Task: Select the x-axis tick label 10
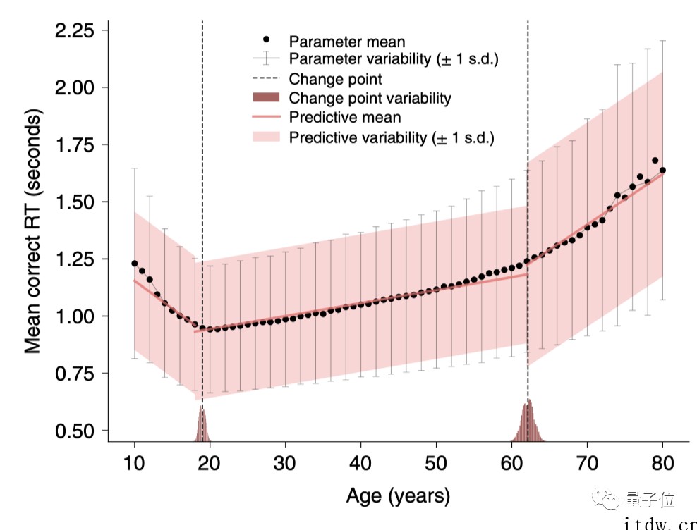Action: click(135, 462)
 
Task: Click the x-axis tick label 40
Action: click(361, 462)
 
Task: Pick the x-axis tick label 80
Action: click(662, 462)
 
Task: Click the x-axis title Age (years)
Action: click(398, 495)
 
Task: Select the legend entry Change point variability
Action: click(370, 98)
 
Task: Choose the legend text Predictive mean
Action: click(345, 117)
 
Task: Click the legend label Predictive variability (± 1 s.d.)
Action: click(392, 137)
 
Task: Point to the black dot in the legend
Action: click(266, 39)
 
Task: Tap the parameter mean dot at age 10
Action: click(135, 264)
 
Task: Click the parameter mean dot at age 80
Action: click(662, 170)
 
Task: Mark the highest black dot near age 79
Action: click(655, 161)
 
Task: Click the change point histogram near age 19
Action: click(202, 426)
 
